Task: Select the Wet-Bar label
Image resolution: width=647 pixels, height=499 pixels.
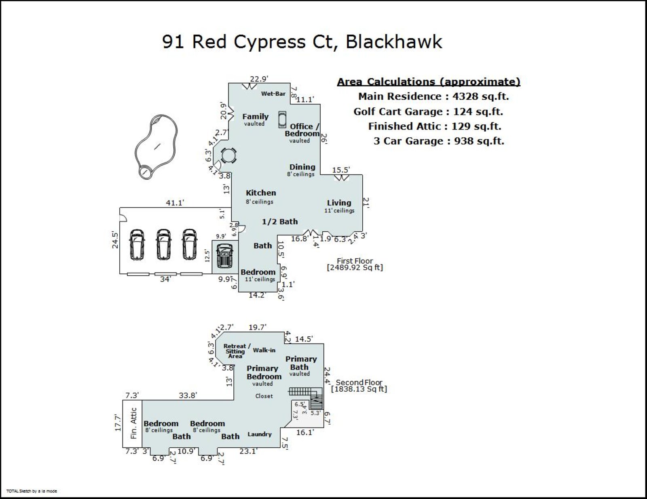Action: [x=273, y=94]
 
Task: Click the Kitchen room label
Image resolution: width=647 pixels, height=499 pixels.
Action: [x=261, y=193]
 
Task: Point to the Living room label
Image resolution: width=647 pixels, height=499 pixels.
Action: [x=339, y=203]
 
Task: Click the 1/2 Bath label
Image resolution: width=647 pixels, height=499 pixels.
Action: [x=280, y=222]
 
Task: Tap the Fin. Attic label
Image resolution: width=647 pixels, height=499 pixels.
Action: [x=133, y=423]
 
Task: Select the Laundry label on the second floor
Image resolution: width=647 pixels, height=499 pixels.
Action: [x=260, y=434]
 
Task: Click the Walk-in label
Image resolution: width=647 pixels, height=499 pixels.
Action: [x=264, y=350]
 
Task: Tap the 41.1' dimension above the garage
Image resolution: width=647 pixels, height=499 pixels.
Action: [x=175, y=203]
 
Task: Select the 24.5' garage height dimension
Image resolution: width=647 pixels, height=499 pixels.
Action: [x=115, y=239]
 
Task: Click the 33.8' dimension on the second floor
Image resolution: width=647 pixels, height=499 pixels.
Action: [x=188, y=396]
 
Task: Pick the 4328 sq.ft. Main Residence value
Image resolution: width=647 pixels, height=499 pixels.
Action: [x=480, y=96]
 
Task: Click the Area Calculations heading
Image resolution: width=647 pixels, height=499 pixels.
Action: [x=429, y=82]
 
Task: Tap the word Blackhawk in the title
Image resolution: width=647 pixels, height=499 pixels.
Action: [x=394, y=42]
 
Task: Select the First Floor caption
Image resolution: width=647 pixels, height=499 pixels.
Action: [x=355, y=261]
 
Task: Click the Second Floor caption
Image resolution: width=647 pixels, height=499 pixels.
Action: [x=359, y=383]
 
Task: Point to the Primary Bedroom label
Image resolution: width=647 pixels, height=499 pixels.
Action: [x=264, y=373]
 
